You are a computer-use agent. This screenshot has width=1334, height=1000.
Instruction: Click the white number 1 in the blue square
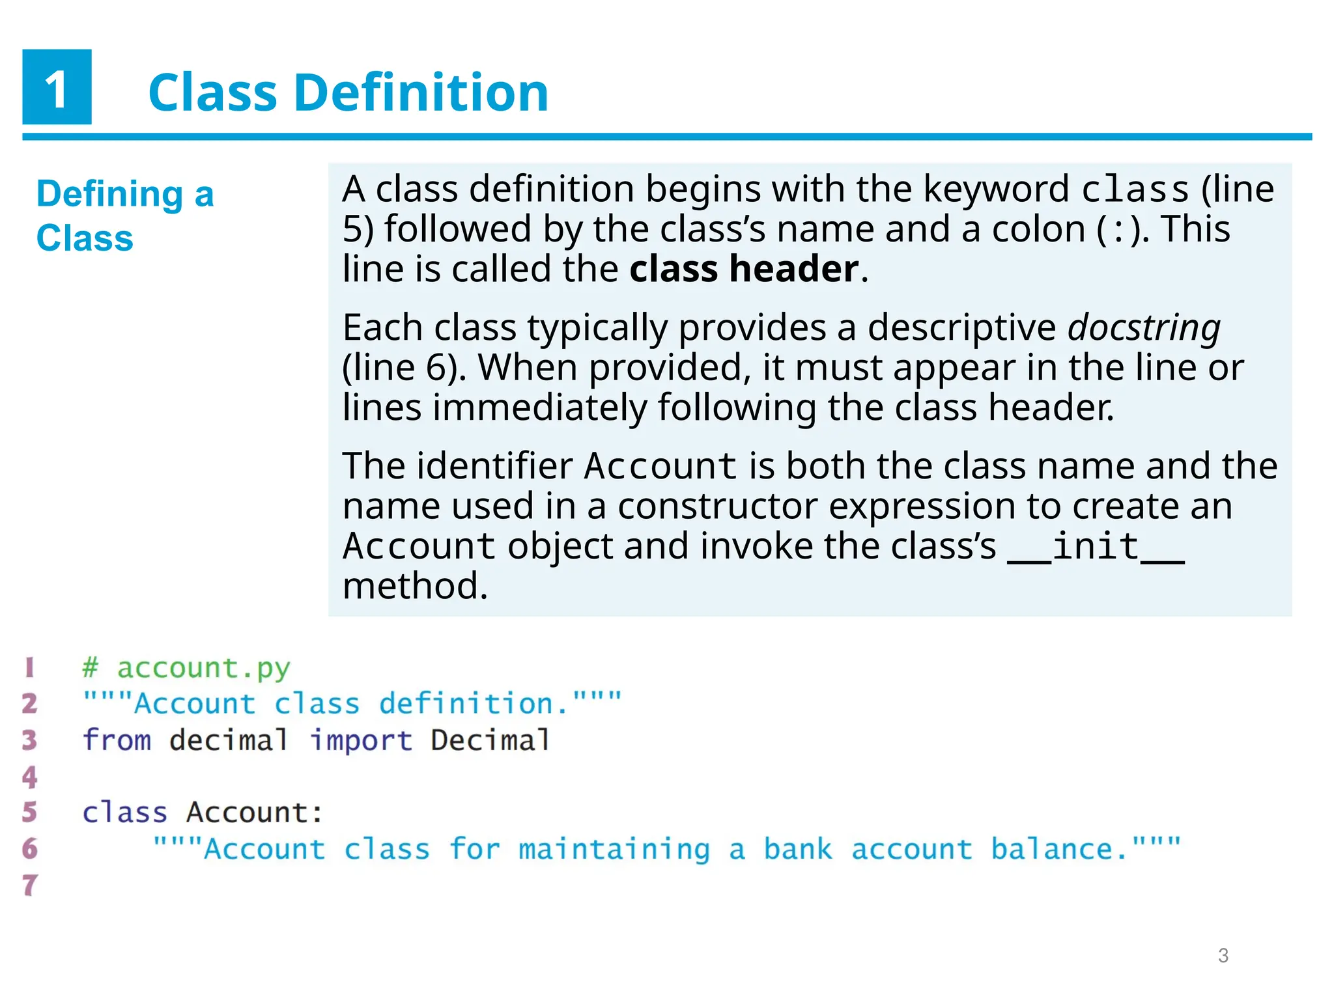57,89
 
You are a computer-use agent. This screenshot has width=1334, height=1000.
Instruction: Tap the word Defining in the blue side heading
109,194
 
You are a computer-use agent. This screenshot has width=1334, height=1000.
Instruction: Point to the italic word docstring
1144,327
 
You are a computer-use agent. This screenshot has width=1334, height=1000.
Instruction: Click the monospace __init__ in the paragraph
1096,546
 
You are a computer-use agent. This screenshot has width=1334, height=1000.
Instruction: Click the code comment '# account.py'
186,668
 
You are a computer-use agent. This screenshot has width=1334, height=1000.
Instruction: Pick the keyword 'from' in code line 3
117,740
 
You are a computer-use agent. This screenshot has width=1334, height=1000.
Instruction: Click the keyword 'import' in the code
361,740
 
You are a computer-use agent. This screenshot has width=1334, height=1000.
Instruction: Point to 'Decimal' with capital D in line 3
490,740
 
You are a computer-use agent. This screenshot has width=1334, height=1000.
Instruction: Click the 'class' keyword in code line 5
124,812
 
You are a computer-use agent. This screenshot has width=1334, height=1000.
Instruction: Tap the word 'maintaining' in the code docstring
614,849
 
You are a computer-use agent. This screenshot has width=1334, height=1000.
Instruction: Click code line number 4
29,776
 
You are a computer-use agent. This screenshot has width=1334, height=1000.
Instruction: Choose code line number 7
29,885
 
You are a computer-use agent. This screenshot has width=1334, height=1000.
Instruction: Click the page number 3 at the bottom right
1223,956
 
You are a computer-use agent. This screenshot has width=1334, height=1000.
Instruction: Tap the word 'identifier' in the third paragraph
494,466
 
